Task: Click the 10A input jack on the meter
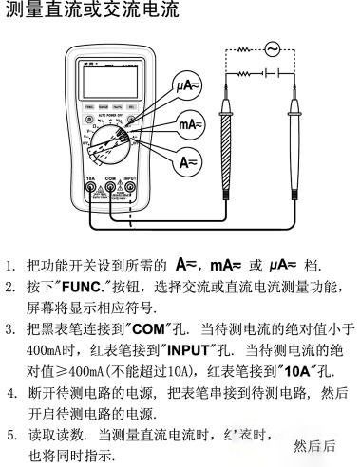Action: [91, 187]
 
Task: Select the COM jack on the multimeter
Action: [110, 187]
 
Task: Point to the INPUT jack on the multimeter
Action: [130, 187]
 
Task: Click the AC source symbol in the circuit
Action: [272, 47]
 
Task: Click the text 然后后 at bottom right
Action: [314, 444]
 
